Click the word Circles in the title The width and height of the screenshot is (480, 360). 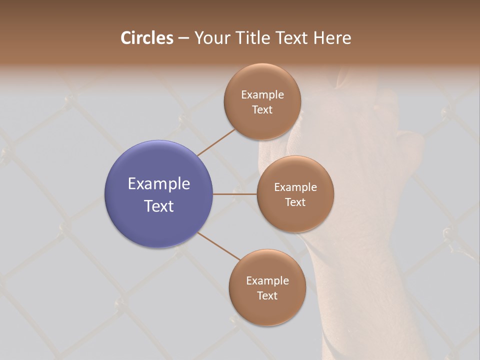point(147,38)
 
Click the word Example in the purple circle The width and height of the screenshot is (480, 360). point(159,184)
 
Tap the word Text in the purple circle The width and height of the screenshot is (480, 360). point(159,206)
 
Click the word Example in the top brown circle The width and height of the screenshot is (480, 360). point(262,94)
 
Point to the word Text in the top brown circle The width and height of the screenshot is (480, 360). point(262,109)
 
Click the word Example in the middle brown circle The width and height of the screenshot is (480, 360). point(295,187)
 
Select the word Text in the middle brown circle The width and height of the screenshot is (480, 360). point(295,202)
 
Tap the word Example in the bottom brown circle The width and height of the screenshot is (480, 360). point(267,280)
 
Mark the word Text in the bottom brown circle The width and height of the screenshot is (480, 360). point(267,295)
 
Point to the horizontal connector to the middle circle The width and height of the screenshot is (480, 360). point(235,194)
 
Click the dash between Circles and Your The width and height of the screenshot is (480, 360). point(183,38)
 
